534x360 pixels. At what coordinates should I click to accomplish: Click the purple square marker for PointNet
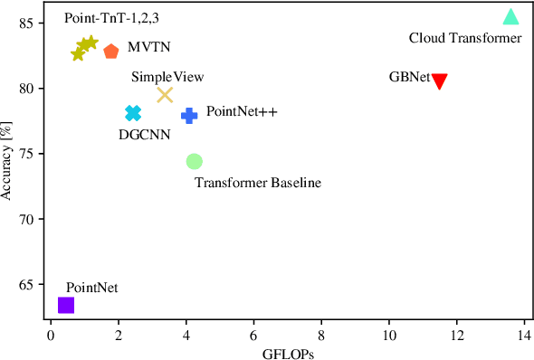click(65, 305)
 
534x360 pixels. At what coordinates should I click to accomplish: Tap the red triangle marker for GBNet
click(440, 81)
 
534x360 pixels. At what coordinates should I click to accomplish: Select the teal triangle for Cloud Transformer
click(510, 16)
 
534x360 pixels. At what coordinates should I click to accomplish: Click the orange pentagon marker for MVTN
click(110, 52)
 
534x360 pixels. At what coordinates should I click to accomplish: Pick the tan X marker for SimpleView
click(165, 95)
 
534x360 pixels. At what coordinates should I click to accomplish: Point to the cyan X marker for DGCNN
click(133, 113)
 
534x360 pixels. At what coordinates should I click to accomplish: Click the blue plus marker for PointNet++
click(189, 115)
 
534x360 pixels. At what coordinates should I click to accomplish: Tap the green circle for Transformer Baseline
click(194, 161)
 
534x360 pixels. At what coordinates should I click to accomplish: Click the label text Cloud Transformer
click(465, 38)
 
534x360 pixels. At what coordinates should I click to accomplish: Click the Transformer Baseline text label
click(258, 183)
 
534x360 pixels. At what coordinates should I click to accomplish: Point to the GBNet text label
click(409, 78)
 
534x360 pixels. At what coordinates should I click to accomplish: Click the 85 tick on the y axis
click(33, 24)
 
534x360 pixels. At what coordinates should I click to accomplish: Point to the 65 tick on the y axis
click(33, 285)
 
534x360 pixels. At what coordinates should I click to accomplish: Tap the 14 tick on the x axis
click(524, 334)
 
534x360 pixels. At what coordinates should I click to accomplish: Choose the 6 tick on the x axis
click(253, 334)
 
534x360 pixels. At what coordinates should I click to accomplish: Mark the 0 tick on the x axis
click(51, 334)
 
